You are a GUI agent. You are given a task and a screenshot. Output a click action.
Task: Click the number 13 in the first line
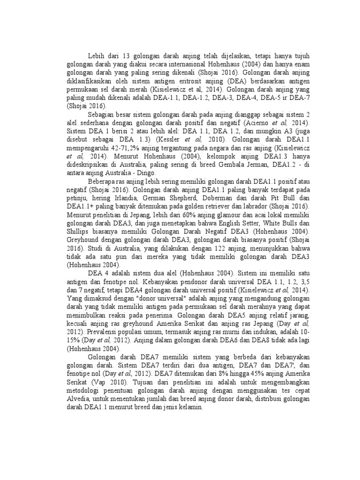pos(127,56)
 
